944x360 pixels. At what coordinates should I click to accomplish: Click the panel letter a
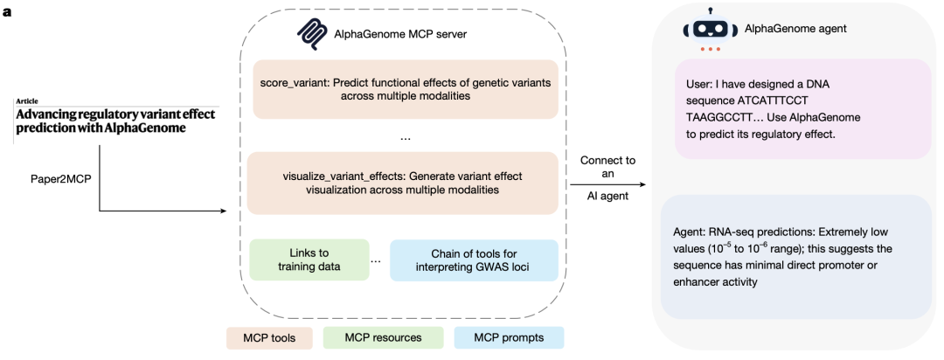pos(7,11)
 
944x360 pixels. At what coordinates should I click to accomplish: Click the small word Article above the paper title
pos(27,101)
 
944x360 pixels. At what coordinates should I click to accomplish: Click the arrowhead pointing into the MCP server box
pos(224,211)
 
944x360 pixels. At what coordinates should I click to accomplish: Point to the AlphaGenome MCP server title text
pos(400,34)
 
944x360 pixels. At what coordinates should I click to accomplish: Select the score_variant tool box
pos(406,89)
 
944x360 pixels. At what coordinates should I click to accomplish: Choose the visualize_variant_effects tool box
pos(403,183)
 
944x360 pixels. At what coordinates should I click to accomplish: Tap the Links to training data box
pos(309,260)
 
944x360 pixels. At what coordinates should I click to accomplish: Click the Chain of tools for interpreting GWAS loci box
pos(475,260)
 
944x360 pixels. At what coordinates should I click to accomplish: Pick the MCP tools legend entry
pos(269,338)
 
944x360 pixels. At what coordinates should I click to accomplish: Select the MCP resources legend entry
pos(383,338)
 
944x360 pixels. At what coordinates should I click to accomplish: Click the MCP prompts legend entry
pos(509,338)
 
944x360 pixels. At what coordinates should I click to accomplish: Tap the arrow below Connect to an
pos(608,185)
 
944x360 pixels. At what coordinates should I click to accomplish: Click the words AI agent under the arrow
pos(607,197)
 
